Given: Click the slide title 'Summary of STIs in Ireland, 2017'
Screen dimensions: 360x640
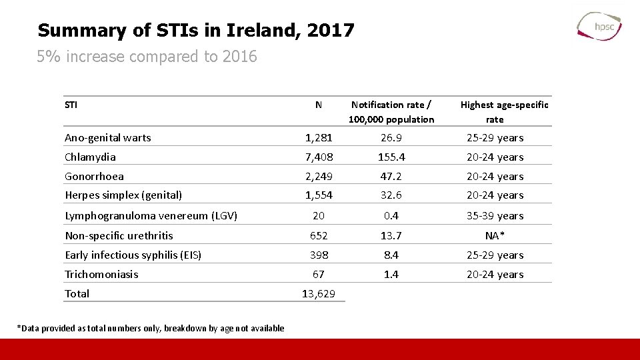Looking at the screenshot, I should tap(196, 30).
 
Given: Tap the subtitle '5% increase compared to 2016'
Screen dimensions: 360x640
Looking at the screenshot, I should tap(147, 57).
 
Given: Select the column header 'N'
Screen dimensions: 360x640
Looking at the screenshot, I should tap(319, 105).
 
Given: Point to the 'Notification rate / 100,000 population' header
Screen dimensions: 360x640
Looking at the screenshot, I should tap(391, 112).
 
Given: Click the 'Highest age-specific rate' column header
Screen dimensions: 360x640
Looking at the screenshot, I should tap(495, 112).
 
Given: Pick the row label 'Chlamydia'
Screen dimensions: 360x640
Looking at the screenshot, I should tap(90, 157).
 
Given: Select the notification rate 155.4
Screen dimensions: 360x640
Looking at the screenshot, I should tap(391, 157).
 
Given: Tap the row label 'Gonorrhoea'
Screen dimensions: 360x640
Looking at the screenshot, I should tap(94, 177).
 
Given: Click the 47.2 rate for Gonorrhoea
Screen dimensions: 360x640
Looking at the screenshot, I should tap(391, 177).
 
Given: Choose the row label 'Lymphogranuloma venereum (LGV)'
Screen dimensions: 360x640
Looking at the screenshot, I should tap(151, 216).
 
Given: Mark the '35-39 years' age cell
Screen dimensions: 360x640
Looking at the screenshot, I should tap(495, 216).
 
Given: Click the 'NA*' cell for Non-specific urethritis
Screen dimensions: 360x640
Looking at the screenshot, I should tap(495, 235).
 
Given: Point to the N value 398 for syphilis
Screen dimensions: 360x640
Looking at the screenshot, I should tap(319, 255).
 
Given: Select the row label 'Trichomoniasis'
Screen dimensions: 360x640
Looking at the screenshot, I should tap(101, 275).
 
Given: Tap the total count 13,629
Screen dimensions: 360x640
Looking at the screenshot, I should tap(319, 294).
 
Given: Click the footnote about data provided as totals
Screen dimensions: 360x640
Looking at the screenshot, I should tap(151, 328).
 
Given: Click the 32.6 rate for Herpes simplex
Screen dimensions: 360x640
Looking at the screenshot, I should tap(391, 195).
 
